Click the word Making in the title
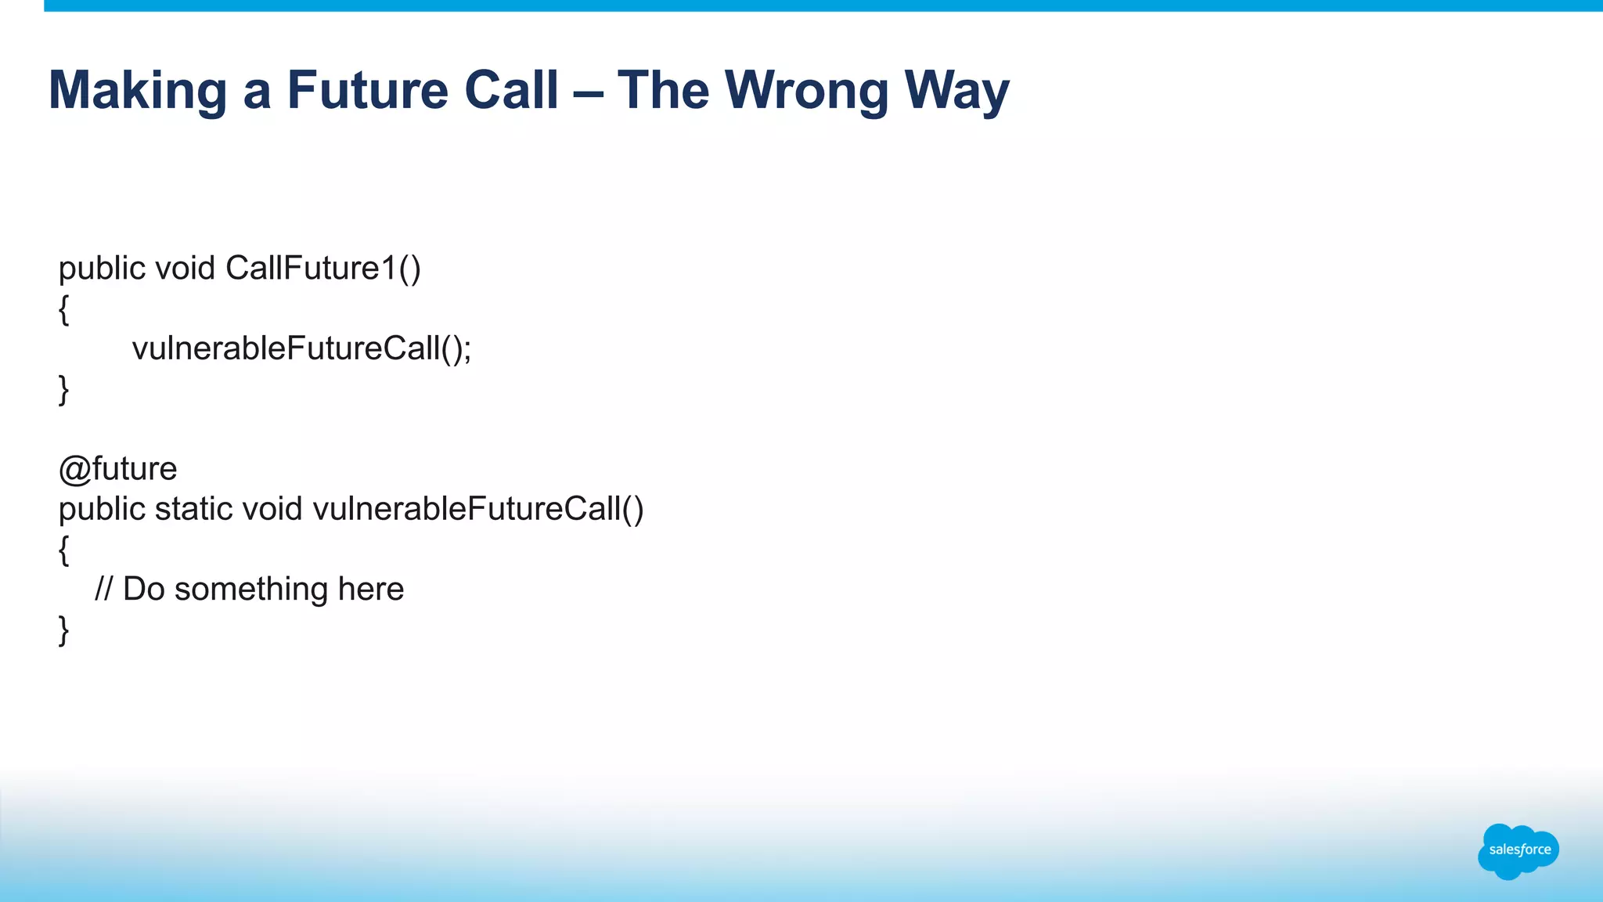(137, 91)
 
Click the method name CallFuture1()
(323, 269)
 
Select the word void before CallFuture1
(185, 269)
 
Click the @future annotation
(117, 469)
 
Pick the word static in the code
(193, 510)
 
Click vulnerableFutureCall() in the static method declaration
(477, 510)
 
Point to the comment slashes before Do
(103, 590)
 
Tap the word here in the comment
(370, 590)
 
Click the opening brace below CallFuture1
(64, 310)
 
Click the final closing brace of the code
(64, 630)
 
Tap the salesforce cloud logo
(1518, 850)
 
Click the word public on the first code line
(102, 269)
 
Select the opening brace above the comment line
(64, 550)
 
